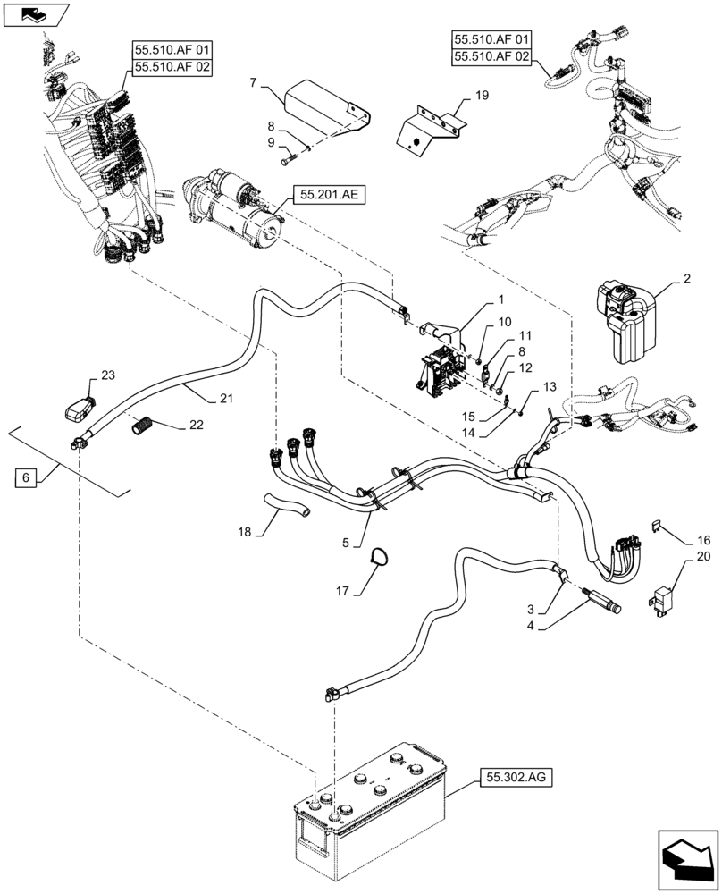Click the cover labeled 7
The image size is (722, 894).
(x=317, y=102)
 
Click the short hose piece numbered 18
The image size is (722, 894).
(x=285, y=506)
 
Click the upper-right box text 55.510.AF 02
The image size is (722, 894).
(x=491, y=55)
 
